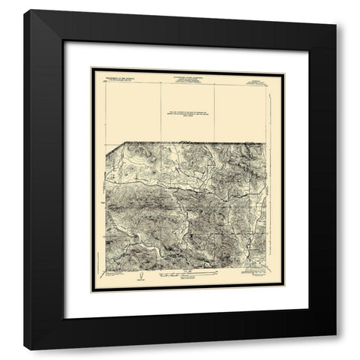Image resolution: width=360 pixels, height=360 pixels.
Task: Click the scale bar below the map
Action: point(184,277)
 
